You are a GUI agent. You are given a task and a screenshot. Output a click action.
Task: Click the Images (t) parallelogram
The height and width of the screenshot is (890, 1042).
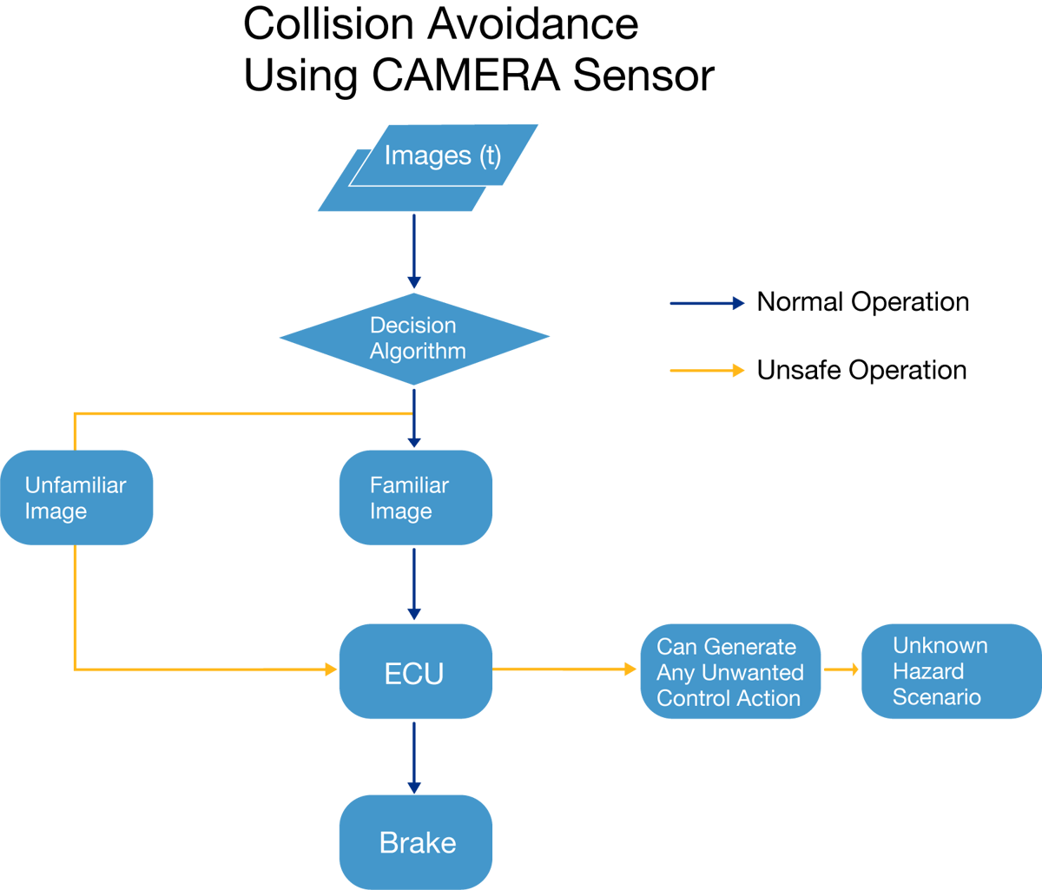pyautogui.click(x=443, y=156)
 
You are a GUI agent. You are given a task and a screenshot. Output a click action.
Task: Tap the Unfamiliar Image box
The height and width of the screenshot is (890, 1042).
pyautogui.click(x=76, y=498)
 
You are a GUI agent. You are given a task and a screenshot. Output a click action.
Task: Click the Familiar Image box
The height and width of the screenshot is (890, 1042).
pyautogui.click(x=415, y=498)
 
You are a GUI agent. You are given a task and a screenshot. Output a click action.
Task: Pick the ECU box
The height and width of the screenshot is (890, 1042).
pyautogui.click(x=415, y=671)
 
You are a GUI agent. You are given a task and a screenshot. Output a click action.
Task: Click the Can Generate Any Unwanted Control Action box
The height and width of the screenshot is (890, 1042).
pyautogui.click(x=730, y=671)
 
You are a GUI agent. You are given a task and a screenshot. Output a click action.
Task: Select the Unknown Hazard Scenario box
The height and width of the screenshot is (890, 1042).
pyautogui.click(x=950, y=671)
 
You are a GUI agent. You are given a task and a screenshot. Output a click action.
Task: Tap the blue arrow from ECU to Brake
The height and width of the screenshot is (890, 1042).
pyautogui.click(x=414, y=755)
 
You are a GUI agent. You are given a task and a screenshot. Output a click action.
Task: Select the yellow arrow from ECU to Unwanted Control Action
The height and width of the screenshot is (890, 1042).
pyautogui.click(x=564, y=669)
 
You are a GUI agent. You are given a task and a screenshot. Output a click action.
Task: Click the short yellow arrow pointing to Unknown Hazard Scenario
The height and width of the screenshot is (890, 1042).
pyautogui.click(x=841, y=669)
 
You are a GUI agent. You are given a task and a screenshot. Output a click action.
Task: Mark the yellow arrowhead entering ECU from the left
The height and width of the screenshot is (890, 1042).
pyautogui.click(x=331, y=669)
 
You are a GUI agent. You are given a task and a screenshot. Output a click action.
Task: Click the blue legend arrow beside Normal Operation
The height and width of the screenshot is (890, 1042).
pyautogui.click(x=706, y=303)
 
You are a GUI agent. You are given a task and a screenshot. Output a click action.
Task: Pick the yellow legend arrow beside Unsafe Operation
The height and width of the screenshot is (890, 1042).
pyautogui.click(x=706, y=371)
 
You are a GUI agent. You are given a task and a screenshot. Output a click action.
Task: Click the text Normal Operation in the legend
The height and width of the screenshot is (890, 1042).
pyautogui.click(x=862, y=302)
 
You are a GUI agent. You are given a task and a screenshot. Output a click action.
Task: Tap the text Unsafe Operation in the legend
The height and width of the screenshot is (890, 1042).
pyautogui.click(x=861, y=370)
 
